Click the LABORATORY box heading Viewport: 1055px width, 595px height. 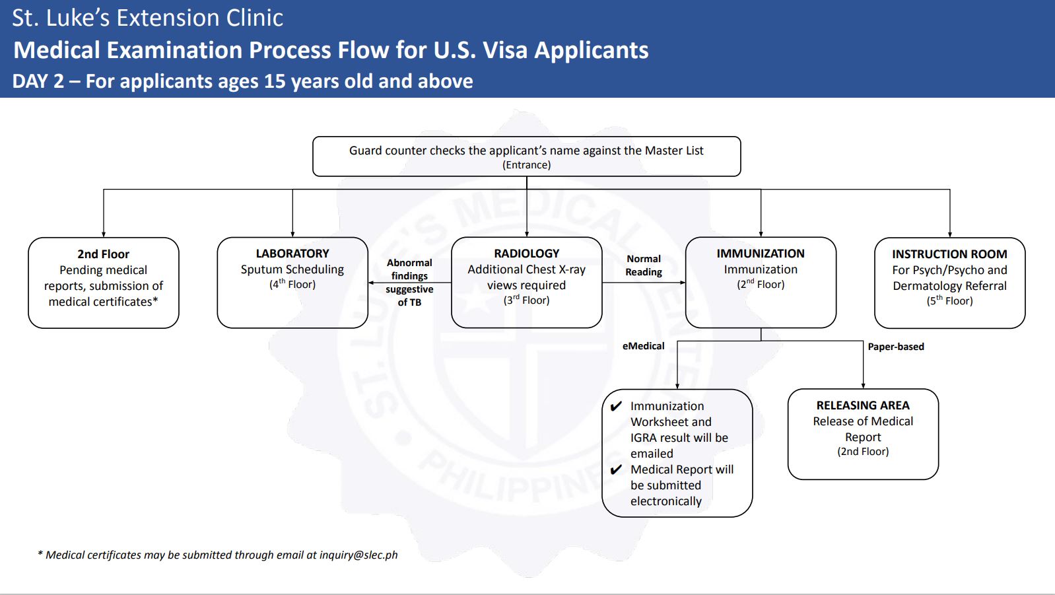292,254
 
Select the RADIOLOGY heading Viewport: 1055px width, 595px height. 527,254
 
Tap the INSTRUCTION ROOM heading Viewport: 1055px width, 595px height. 949,254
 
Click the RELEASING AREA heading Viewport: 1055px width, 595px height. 863,405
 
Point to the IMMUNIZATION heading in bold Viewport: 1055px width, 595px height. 761,254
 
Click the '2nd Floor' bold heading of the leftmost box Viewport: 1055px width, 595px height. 103,254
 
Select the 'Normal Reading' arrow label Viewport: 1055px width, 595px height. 643,265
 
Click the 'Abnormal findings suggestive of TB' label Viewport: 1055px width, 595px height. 409,283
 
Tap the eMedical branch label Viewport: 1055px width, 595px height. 643,346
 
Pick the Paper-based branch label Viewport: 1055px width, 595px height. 896,347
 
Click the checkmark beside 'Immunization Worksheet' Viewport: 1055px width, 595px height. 616,406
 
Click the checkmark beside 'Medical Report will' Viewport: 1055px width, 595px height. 616,470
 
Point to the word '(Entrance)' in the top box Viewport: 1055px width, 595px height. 527,165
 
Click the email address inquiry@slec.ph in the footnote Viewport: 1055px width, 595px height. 358,555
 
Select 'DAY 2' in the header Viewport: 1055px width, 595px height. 38,81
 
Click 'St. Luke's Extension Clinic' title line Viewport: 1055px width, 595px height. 147,18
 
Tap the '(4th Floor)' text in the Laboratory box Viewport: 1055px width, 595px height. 292,284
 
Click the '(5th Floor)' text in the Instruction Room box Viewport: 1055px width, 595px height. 949,300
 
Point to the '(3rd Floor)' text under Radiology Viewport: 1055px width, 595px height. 527,300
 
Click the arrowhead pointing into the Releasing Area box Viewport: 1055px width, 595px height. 864,386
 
